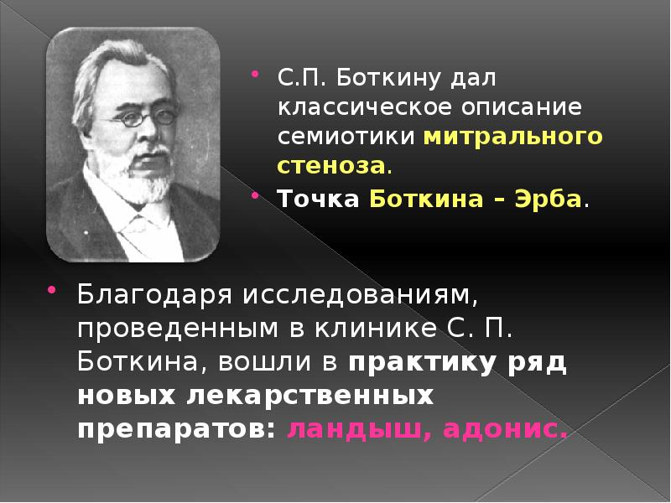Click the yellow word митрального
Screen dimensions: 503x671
click(512, 136)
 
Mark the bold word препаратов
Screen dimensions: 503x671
click(171, 428)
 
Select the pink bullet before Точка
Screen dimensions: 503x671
click(257, 195)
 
